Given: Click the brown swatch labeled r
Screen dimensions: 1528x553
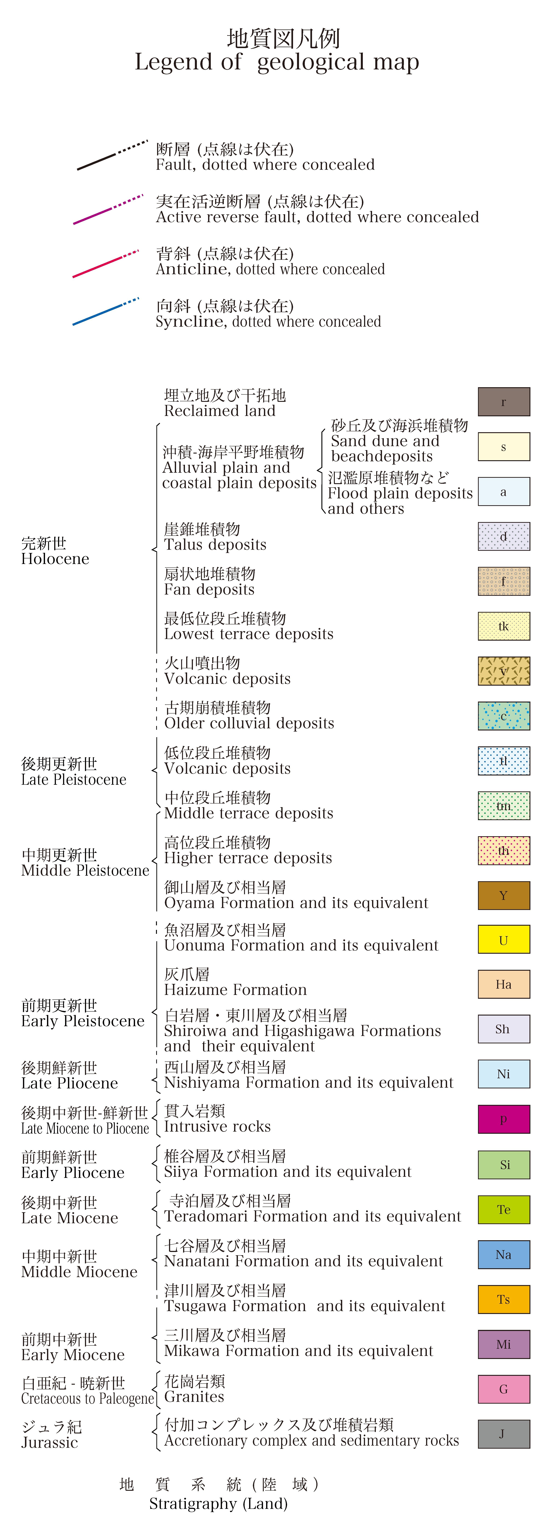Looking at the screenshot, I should (504, 402).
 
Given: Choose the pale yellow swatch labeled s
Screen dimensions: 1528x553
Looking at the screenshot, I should (504, 447).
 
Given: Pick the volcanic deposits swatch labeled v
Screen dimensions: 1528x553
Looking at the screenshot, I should (504, 671).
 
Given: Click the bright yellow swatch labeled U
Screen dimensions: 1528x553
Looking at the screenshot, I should (504, 940).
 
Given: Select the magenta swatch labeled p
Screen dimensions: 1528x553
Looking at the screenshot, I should (504, 1119).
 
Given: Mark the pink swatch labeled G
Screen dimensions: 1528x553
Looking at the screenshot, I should (504, 1389).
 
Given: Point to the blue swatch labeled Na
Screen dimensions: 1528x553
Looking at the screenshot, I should (504, 1255).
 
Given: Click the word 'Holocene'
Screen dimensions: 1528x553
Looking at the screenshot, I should (55, 559).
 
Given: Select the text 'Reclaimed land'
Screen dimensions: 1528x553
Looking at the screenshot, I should (219, 411).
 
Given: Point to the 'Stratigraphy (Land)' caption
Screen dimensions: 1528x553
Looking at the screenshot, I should (218, 1504).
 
